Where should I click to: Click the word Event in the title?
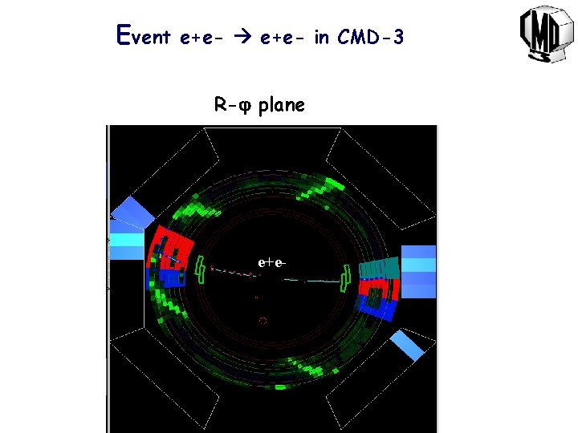click(x=144, y=36)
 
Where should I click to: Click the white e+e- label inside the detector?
click(x=273, y=262)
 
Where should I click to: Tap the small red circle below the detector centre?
click(x=262, y=320)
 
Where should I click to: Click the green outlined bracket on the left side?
click(x=200, y=270)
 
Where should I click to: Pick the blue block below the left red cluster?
click(x=171, y=278)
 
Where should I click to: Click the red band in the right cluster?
click(x=376, y=286)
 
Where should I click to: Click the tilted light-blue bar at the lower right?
click(x=406, y=345)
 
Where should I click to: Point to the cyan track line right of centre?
click(x=321, y=281)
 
